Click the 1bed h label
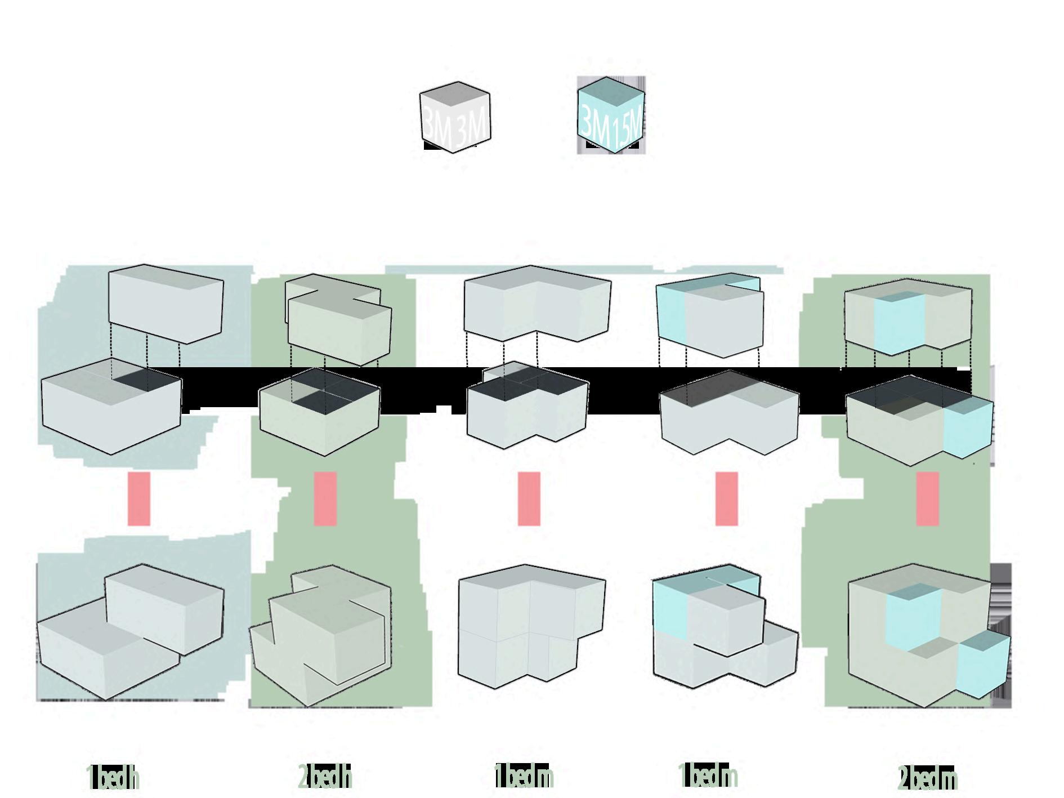tap(113, 777)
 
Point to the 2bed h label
tap(325, 777)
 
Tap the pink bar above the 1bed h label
tap(138, 498)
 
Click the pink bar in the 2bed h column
tap(325, 498)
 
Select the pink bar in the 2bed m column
tap(927, 498)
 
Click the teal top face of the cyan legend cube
tap(611, 92)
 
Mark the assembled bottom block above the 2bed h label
tap(321, 636)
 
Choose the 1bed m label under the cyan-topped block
tap(708, 776)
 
